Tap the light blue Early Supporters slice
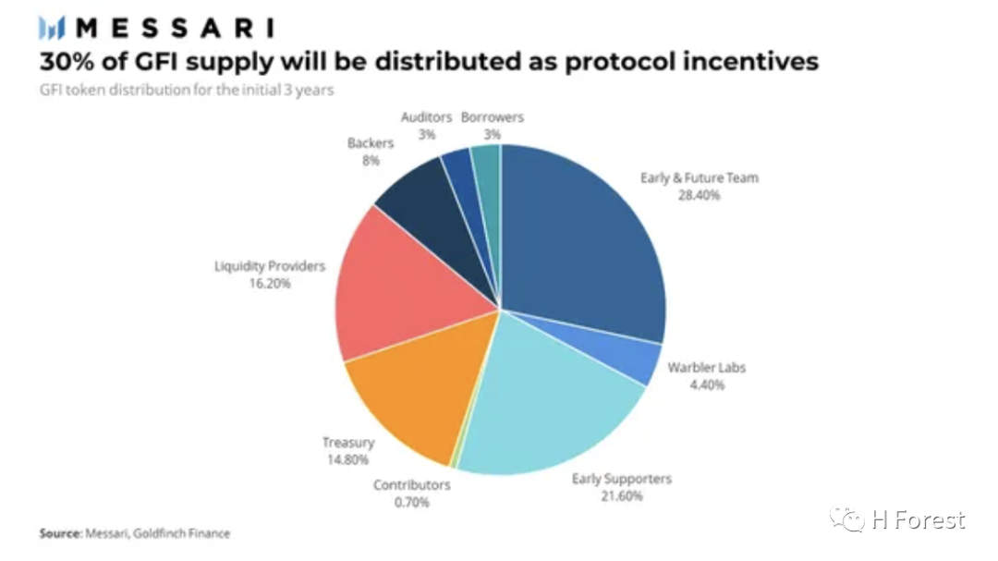[547, 408]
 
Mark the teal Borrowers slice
[488, 185]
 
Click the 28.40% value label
[699, 196]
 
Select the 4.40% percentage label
[707, 384]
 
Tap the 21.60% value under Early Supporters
[622, 496]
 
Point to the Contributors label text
[412, 485]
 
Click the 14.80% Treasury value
[347, 459]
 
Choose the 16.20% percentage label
[269, 284]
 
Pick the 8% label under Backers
[371, 161]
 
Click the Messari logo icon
[52, 28]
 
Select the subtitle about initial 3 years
[187, 90]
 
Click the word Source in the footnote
[60, 533]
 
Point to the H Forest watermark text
[918, 520]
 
